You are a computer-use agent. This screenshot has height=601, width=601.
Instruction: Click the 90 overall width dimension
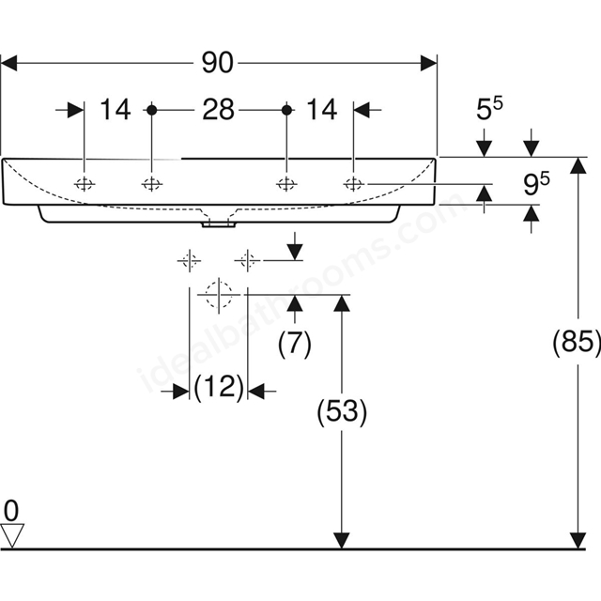[x=217, y=63]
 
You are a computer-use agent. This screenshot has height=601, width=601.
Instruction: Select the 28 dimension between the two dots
[x=218, y=110]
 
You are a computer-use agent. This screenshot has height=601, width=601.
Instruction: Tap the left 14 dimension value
[x=115, y=110]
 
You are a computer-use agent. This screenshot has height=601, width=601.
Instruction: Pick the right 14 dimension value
[x=321, y=110]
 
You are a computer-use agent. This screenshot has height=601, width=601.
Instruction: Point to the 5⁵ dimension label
[x=489, y=109]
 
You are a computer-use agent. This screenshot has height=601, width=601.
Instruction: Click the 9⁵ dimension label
[x=536, y=183]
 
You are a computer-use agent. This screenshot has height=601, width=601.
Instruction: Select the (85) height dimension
[x=576, y=341]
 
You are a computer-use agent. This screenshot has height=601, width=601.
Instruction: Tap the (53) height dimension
[x=342, y=410]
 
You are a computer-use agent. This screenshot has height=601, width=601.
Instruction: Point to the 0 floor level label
[x=11, y=511]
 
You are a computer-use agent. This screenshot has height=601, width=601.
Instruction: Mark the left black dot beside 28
[x=152, y=110]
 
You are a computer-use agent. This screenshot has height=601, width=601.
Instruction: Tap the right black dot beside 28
[x=286, y=110]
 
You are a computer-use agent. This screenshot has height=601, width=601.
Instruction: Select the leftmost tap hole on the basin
[x=85, y=184]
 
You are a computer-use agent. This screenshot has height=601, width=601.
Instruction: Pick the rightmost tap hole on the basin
[x=353, y=184]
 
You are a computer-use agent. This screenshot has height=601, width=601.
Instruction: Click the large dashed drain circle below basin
[x=219, y=295]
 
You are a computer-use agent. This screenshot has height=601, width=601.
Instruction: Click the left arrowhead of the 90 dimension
[x=9, y=63]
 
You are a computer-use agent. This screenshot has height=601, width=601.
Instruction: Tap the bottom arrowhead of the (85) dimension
[x=578, y=541]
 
